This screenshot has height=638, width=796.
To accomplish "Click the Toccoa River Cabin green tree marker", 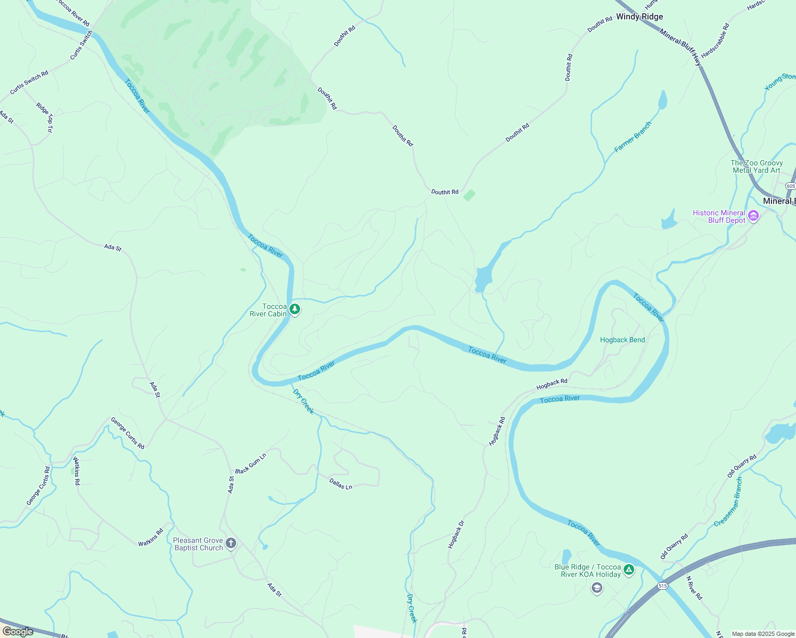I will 294,309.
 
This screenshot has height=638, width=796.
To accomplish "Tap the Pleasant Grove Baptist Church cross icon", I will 230,543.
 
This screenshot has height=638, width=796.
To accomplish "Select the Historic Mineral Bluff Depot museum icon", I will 753,216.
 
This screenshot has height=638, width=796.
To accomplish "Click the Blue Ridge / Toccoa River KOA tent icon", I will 629,570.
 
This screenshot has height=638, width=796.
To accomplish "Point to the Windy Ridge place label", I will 640,17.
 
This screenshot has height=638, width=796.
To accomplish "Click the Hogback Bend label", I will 622,340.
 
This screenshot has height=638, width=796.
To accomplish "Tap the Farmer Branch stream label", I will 633,137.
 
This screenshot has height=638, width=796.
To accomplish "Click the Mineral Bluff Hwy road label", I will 681,47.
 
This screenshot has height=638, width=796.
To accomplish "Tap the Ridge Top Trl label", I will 45,117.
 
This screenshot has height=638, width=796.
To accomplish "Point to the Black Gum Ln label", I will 251,464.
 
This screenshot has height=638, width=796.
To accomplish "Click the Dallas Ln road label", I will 341,484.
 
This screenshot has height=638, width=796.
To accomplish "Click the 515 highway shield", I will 662,586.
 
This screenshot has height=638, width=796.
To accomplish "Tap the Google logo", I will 18,632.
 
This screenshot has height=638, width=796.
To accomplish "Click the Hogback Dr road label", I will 456,534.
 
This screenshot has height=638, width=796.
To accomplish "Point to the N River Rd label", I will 694,588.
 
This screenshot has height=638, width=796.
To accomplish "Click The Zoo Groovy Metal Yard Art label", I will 757,166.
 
